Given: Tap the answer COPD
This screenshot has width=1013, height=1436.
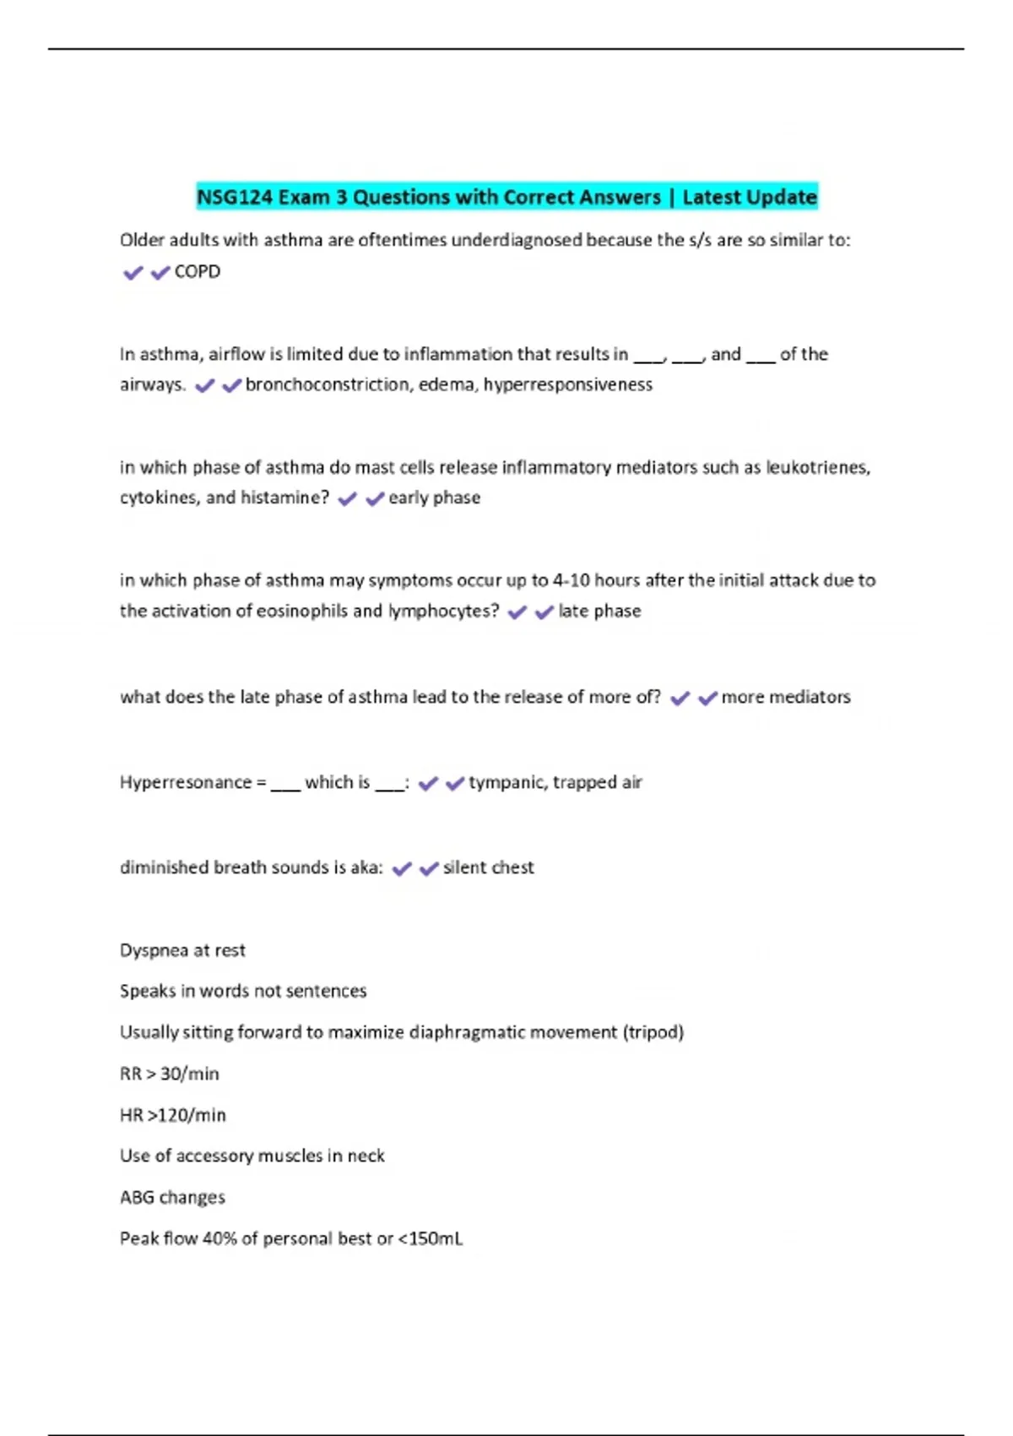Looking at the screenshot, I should (x=197, y=272).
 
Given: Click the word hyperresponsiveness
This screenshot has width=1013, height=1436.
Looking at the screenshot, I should (x=567, y=385).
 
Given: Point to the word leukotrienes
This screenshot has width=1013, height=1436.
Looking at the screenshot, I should (x=817, y=468).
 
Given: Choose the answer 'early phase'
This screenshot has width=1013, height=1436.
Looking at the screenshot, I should (x=434, y=498).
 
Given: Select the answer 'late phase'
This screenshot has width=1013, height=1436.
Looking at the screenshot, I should (x=599, y=612).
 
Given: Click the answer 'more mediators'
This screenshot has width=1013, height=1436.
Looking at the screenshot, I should (x=785, y=698).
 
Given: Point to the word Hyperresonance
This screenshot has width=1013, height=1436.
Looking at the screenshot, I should (x=186, y=783).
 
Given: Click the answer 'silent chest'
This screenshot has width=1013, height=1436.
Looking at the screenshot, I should (x=488, y=868).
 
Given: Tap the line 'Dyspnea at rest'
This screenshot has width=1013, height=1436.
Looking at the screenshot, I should (x=182, y=951).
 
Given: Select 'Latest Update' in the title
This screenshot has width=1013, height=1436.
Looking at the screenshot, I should (x=749, y=198).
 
